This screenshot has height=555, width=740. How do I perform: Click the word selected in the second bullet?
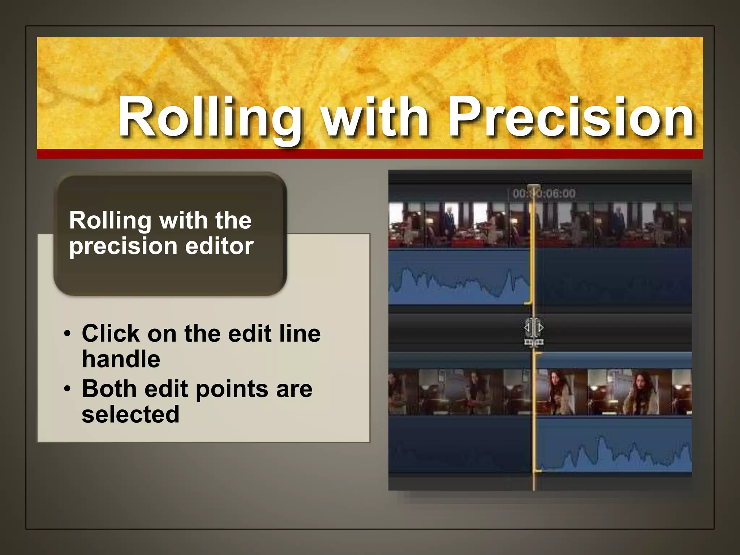click(130, 414)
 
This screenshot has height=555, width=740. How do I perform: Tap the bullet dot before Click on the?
click(67, 334)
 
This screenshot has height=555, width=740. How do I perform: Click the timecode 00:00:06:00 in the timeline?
click(544, 194)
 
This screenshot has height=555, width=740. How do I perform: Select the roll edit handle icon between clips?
click(534, 331)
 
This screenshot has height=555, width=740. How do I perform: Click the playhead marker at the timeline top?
click(534, 188)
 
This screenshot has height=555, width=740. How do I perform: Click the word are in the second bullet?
click(294, 390)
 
